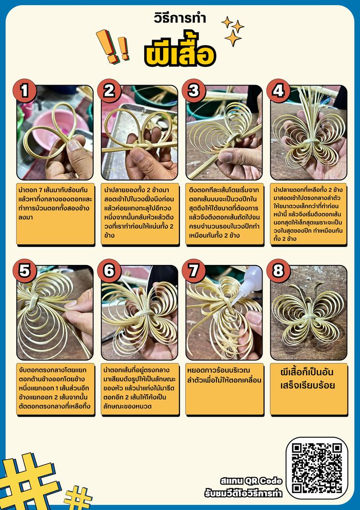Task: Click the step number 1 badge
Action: point(25,91)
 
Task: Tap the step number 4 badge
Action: point(278,91)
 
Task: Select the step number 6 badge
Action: point(109,271)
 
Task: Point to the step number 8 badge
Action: point(278,271)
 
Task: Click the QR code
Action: point(317,468)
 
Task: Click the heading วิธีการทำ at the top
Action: point(180,18)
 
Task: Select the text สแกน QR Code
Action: point(251,481)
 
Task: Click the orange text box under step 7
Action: point(224,389)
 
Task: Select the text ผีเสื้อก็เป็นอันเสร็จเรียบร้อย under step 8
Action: point(308,379)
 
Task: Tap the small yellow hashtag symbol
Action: point(78,497)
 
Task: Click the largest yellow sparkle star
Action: point(233,38)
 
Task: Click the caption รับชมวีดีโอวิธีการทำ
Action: point(244,493)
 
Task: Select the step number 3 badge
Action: point(194,91)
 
